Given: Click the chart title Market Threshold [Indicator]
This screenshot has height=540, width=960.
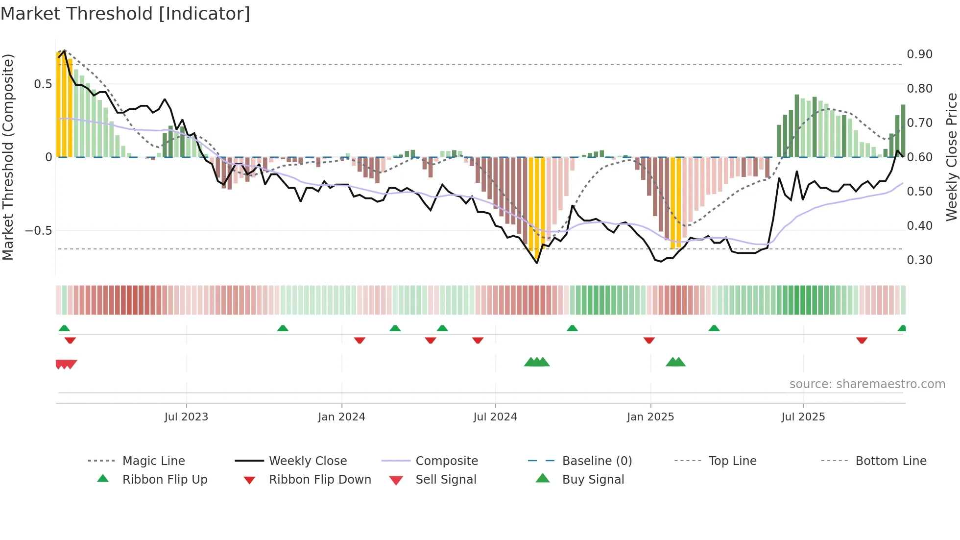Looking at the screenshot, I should [125, 14].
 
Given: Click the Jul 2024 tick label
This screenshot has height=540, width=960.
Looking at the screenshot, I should [495, 417].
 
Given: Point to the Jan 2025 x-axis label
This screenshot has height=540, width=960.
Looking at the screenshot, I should [650, 417].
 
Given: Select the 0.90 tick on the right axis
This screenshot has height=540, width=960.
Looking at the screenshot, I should [919, 54].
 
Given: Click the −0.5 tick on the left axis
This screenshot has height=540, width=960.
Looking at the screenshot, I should [39, 231].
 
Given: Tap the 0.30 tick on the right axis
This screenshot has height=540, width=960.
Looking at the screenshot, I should [919, 260].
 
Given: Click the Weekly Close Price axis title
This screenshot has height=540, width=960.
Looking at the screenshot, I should [951, 157].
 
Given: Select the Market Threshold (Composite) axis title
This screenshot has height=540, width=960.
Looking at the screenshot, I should [8, 157].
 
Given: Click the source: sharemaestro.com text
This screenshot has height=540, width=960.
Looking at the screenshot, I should [867, 384].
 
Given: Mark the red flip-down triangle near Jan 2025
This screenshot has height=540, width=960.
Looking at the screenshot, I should [649, 340].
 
